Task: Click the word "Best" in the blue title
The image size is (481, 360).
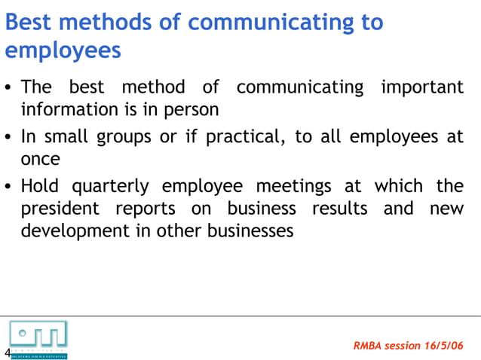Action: (29, 23)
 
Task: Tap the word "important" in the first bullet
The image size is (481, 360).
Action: (422, 87)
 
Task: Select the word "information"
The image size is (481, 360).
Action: (66, 110)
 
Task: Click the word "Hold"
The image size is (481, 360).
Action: (40, 186)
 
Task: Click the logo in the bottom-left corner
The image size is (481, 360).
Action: (38, 338)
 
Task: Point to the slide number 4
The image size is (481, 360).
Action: (7, 353)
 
